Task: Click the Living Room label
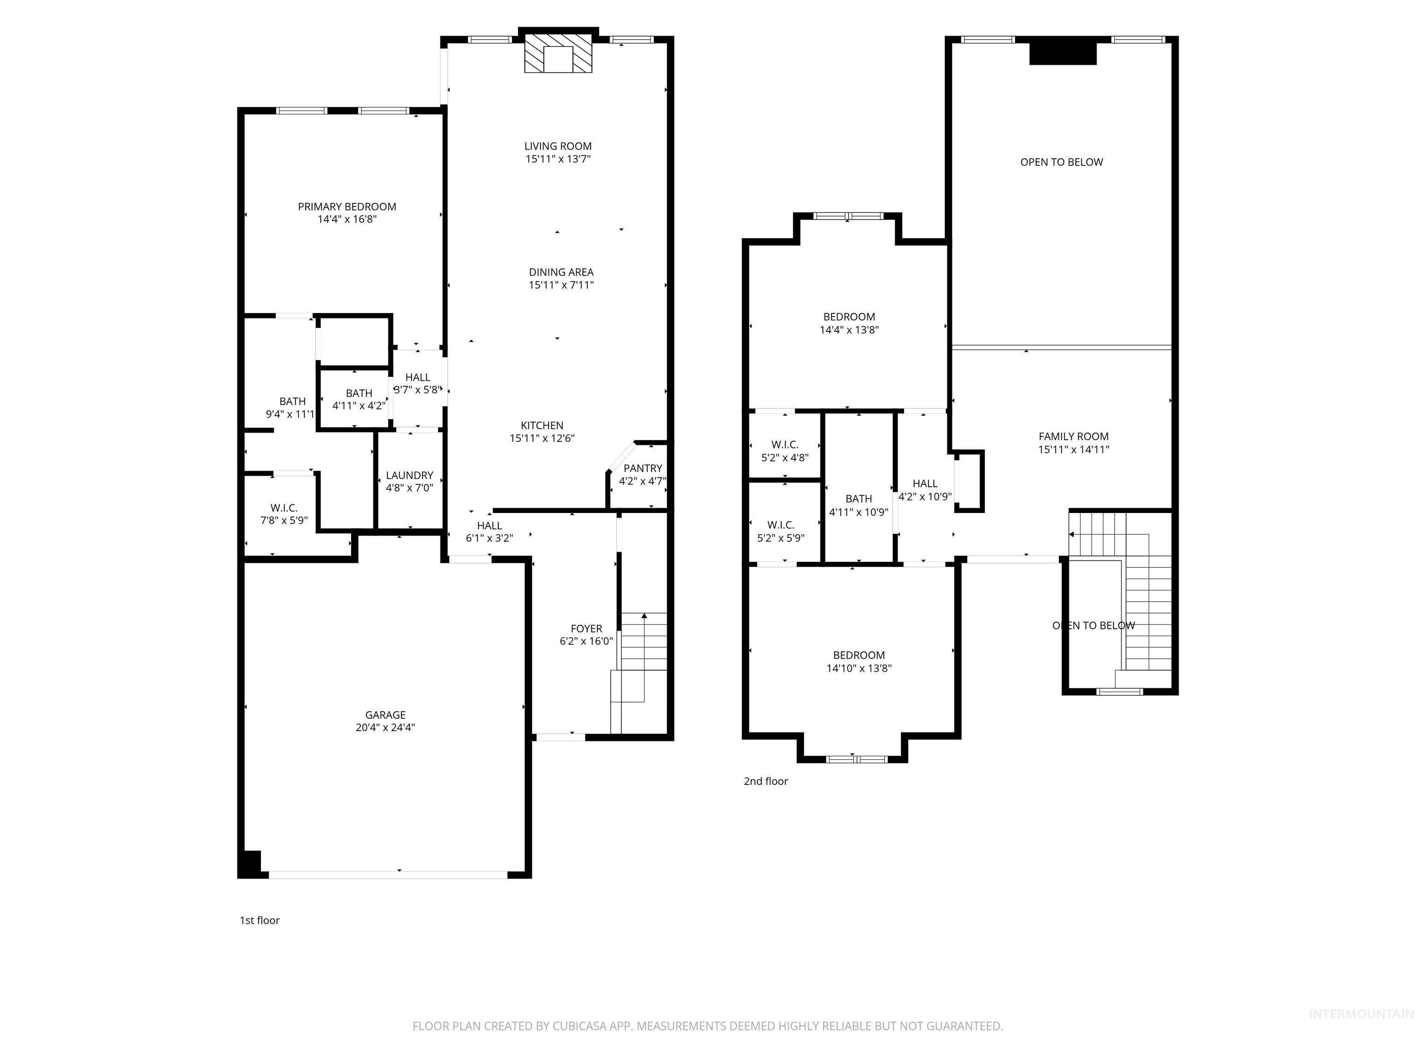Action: tap(558, 146)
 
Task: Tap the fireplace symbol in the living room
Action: tap(558, 58)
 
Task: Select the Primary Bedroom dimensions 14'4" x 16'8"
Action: tap(347, 219)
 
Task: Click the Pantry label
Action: tap(642, 468)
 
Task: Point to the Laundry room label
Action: tap(409, 475)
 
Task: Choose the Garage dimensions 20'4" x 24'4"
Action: tap(385, 727)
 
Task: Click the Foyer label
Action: tap(586, 629)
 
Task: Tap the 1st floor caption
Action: tap(259, 920)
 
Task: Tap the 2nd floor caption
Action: tap(766, 781)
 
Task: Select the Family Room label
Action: tap(1073, 437)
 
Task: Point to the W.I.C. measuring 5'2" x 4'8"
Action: tap(785, 451)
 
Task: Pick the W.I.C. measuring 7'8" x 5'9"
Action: tap(283, 514)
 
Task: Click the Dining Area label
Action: tap(561, 272)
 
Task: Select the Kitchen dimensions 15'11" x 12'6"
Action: tap(542, 438)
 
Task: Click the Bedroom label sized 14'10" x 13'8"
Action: tap(858, 655)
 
